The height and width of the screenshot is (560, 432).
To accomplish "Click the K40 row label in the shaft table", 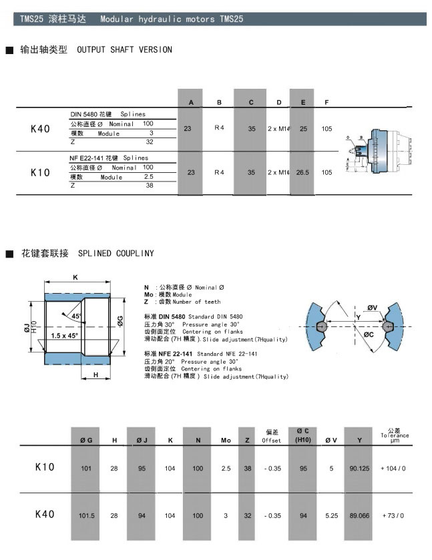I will click(40, 129).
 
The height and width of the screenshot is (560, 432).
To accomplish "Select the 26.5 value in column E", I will click(302, 172).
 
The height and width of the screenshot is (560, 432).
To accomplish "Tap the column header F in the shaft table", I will click(326, 103).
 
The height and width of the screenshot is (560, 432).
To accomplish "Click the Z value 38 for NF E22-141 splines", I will click(150, 185).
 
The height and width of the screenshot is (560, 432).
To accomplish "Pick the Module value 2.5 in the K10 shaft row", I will click(148, 177).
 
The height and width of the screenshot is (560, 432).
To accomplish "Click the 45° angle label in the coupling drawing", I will click(77, 316).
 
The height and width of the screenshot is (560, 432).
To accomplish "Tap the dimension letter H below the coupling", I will click(96, 375).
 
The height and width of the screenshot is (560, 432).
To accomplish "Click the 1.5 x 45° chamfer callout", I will click(64, 335).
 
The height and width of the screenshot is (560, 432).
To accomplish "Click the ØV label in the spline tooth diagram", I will click(372, 308).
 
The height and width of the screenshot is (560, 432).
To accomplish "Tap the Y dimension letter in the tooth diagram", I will click(358, 316).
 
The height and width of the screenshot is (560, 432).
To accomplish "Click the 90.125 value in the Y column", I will click(359, 469).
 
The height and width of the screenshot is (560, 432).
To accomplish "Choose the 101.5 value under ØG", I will click(86, 515).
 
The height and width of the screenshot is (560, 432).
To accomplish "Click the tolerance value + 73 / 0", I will click(393, 515).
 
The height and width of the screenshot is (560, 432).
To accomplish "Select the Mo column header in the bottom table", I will click(226, 441).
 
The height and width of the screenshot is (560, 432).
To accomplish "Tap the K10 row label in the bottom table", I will click(44, 467).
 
